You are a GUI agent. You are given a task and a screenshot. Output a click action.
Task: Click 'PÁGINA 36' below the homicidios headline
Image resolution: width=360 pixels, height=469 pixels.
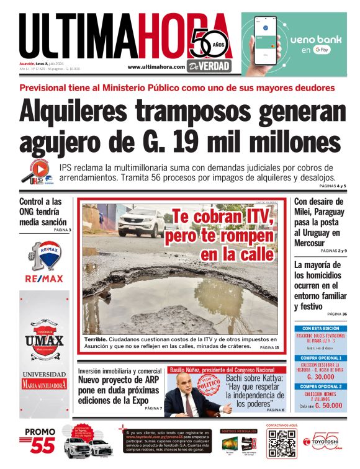point(336,315)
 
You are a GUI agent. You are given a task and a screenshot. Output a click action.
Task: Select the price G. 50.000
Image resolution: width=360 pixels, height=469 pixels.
point(328,405)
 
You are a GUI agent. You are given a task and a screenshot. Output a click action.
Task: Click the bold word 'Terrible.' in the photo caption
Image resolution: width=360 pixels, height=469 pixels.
point(96,340)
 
